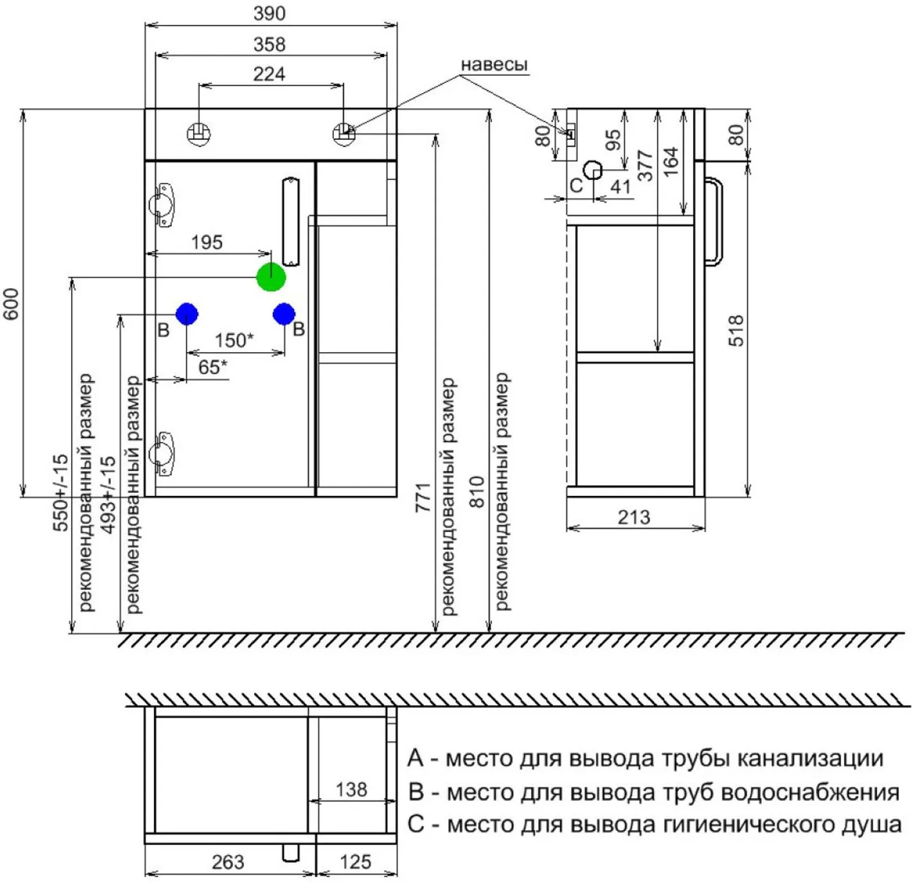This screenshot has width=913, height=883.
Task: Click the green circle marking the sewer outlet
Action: click(x=271, y=277)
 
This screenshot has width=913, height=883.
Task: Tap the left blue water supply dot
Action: click(x=187, y=313)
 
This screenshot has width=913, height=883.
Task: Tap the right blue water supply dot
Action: click(x=284, y=314)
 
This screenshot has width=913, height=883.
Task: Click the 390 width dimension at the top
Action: click(x=269, y=13)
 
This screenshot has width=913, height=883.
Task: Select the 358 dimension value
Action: click(x=269, y=44)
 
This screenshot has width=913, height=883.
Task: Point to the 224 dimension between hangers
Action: click(x=269, y=74)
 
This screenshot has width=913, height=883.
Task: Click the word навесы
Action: click(x=494, y=65)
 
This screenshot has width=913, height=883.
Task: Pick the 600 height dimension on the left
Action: click(x=12, y=304)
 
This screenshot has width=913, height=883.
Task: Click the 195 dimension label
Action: click(x=207, y=243)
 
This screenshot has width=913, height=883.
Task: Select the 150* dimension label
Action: click(x=234, y=340)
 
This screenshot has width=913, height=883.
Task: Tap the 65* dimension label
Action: click(x=213, y=366)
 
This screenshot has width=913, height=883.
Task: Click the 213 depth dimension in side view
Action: click(x=634, y=517)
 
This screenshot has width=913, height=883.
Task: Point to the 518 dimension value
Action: click(x=736, y=330)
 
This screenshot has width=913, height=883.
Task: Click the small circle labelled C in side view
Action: click(x=593, y=169)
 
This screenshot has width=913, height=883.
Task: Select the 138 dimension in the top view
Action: click(x=351, y=790)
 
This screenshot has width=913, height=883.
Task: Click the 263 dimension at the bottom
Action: click(x=228, y=862)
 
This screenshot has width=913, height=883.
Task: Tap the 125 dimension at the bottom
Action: click(x=356, y=862)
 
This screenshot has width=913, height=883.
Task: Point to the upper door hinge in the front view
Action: click(x=162, y=205)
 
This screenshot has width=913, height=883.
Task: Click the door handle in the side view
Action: click(x=715, y=222)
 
